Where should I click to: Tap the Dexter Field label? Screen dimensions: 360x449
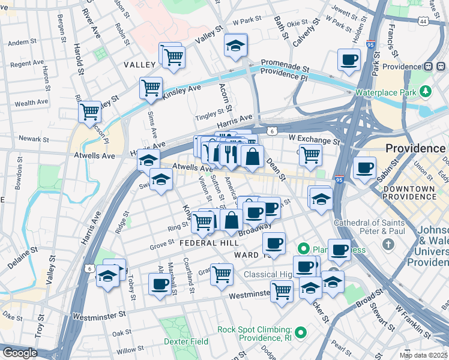pyautogui.click(x=185, y=341)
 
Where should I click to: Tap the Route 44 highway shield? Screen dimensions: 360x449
pyautogui.click(x=424, y=22)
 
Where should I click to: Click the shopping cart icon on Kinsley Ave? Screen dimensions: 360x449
pyautogui.click(x=151, y=88)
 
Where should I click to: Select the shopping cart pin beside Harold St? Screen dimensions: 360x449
pyautogui.click(x=89, y=111)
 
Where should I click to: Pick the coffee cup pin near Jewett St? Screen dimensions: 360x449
pyautogui.click(x=349, y=59)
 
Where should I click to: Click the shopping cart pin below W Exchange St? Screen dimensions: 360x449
pyautogui.click(x=310, y=154)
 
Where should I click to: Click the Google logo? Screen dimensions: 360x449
pyautogui.click(x=20, y=353)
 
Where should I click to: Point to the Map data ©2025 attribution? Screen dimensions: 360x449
pyautogui.click(x=423, y=355)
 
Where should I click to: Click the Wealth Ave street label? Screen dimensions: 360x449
pyautogui.click(x=31, y=103)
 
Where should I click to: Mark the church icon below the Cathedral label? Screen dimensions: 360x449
pyautogui.click(x=388, y=244)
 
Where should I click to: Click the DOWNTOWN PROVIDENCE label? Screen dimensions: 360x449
pyautogui.click(x=410, y=193)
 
